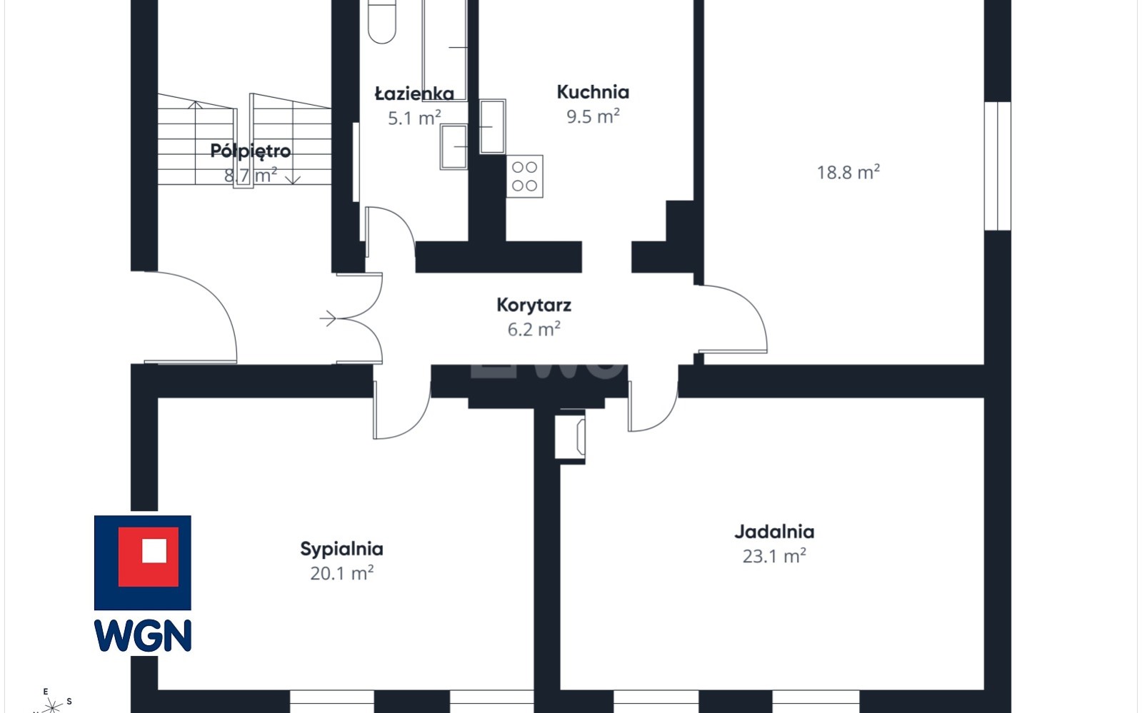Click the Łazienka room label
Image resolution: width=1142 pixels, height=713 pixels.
click(414, 93)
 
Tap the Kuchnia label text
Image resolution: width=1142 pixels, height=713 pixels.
click(593, 92)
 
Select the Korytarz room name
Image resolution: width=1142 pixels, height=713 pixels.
click(534, 305)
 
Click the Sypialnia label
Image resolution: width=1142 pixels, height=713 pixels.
click(341, 549)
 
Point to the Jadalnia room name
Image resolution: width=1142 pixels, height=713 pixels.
click(774, 532)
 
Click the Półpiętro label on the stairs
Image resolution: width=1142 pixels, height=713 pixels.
click(250, 151)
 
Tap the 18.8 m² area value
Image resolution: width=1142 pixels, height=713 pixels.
click(848, 172)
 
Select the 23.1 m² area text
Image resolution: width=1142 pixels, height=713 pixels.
click(774, 556)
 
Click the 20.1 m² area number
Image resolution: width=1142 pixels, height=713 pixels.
click(341, 573)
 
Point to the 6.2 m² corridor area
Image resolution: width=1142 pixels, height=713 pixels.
click(534, 329)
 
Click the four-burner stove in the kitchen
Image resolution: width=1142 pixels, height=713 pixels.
click(525, 176)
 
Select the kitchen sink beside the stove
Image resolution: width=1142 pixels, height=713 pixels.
click(493, 127)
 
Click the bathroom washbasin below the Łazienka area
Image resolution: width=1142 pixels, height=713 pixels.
click(454, 147)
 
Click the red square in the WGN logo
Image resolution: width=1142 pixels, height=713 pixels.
click(149, 557)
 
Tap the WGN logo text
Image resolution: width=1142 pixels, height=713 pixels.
click(143, 635)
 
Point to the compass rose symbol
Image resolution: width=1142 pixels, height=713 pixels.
click(51, 705)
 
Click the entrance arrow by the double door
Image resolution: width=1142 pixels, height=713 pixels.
click(328, 318)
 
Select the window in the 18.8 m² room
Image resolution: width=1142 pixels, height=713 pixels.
click(998, 166)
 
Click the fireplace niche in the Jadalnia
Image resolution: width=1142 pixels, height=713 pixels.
click(570, 437)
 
